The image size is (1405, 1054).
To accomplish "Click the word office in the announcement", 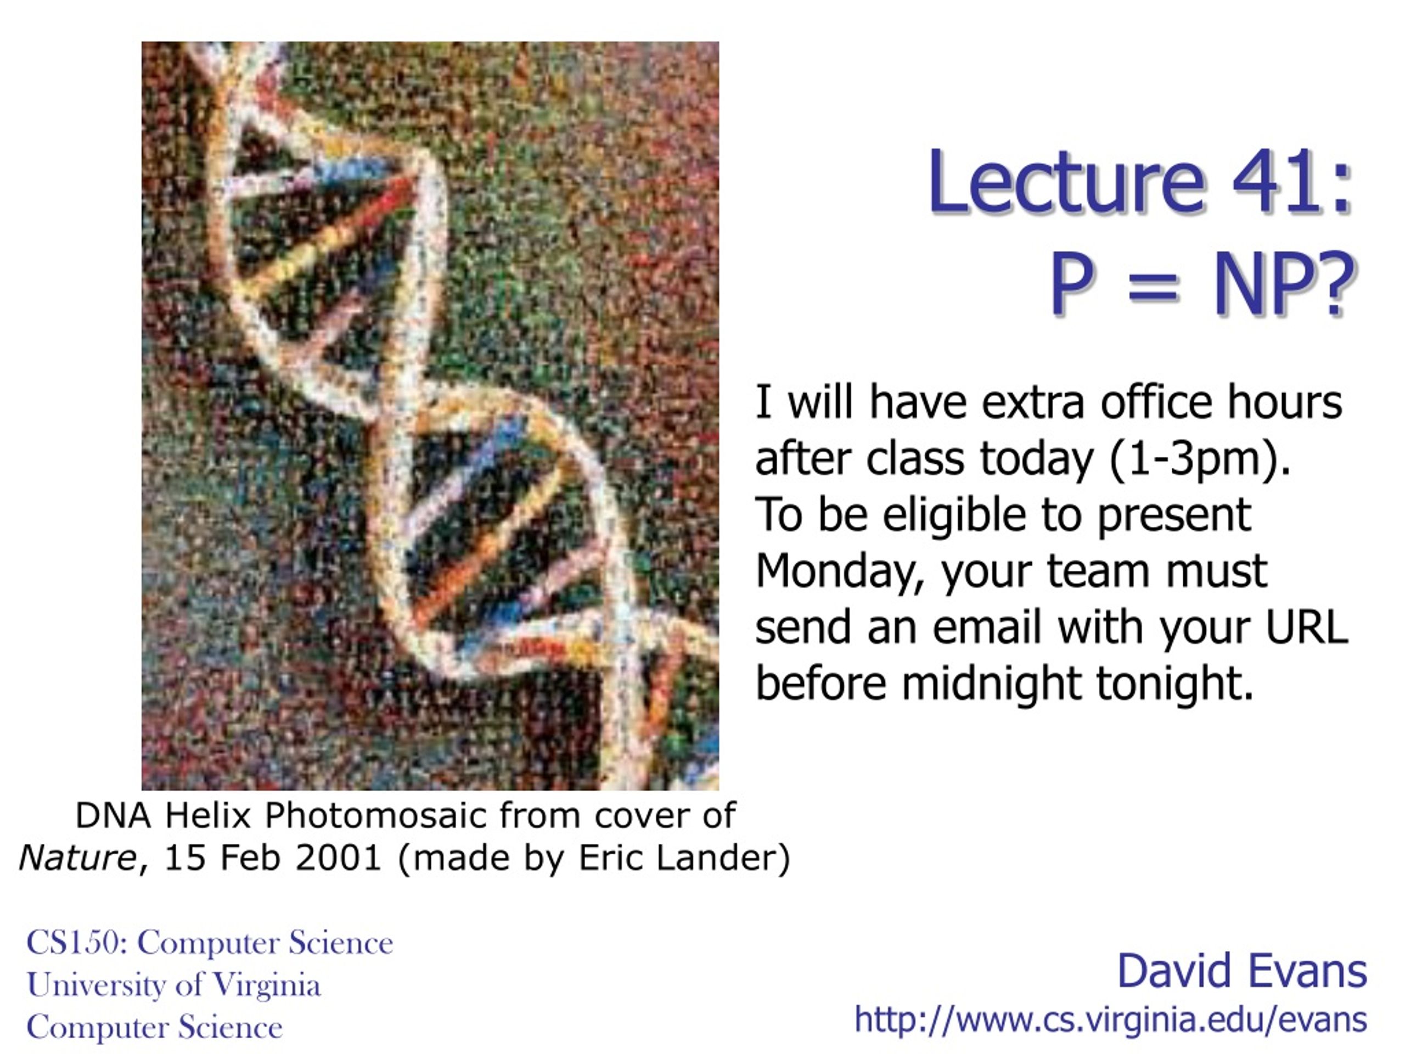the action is [1156, 402].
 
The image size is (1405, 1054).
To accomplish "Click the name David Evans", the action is [1242, 971].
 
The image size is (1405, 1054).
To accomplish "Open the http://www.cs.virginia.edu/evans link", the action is [1110, 1019].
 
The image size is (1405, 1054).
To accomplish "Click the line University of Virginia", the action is [173, 985].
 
